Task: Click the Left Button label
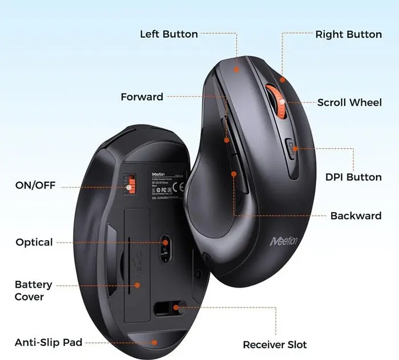tap(169, 34)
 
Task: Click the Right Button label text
tap(348, 34)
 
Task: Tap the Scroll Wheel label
tap(349, 103)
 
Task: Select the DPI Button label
tap(353, 177)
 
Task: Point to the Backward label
tap(356, 216)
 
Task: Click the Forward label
tap(142, 97)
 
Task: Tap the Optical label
tap(34, 242)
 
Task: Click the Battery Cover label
tap(33, 290)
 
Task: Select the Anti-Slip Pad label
tap(49, 342)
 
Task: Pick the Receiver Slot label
tap(275, 345)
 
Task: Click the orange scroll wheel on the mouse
tap(275, 103)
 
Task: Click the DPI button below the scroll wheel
tap(291, 150)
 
